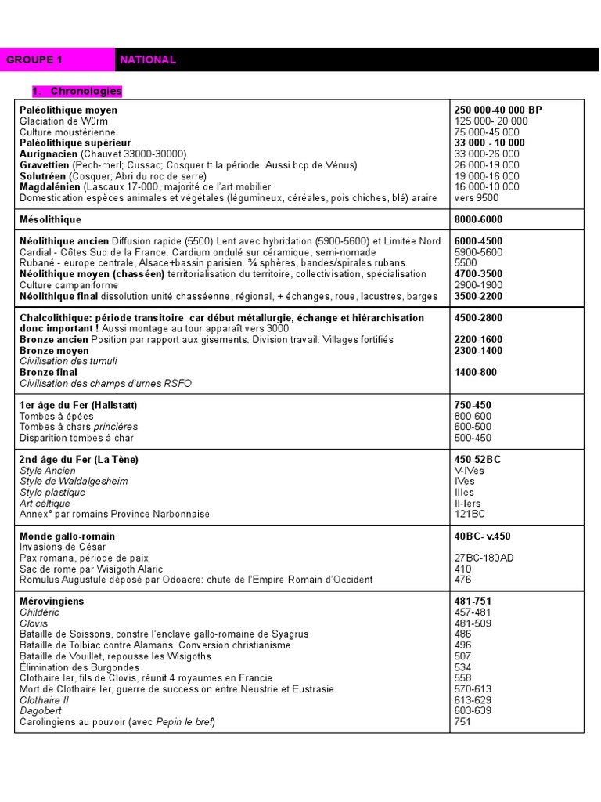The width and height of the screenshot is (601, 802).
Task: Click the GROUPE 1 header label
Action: (x=34, y=60)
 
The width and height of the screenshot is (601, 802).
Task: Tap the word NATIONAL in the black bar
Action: (x=148, y=60)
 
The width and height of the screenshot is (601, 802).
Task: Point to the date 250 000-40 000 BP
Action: (x=498, y=110)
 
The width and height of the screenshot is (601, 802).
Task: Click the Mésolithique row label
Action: (x=51, y=220)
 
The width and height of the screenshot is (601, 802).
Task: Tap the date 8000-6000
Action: (x=478, y=220)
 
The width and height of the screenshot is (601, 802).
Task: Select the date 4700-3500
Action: (x=478, y=275)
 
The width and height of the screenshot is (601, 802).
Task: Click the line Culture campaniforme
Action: (x=70, y=286)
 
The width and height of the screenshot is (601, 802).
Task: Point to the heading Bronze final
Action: (x=49, y=373)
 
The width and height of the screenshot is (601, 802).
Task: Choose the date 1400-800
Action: (x=476, y=373)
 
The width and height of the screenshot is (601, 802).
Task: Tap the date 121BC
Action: (x=470, y=515)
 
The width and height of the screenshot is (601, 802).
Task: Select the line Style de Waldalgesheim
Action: (x=74, y=482)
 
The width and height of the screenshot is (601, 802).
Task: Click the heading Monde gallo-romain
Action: (x=67, y=536)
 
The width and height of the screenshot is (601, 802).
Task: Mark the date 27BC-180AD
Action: (x=484, y=558)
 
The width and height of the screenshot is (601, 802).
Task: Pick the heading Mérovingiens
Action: (x=52, y=601)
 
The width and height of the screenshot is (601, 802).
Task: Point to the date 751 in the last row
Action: (x=463, y=722)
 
